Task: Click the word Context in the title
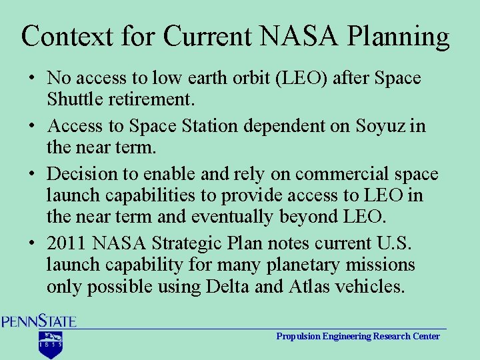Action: pos(67,37)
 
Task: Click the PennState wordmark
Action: pos(39,321)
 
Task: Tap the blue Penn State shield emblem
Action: pos(50,345)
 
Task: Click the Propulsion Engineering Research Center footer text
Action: pos(358,336)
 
